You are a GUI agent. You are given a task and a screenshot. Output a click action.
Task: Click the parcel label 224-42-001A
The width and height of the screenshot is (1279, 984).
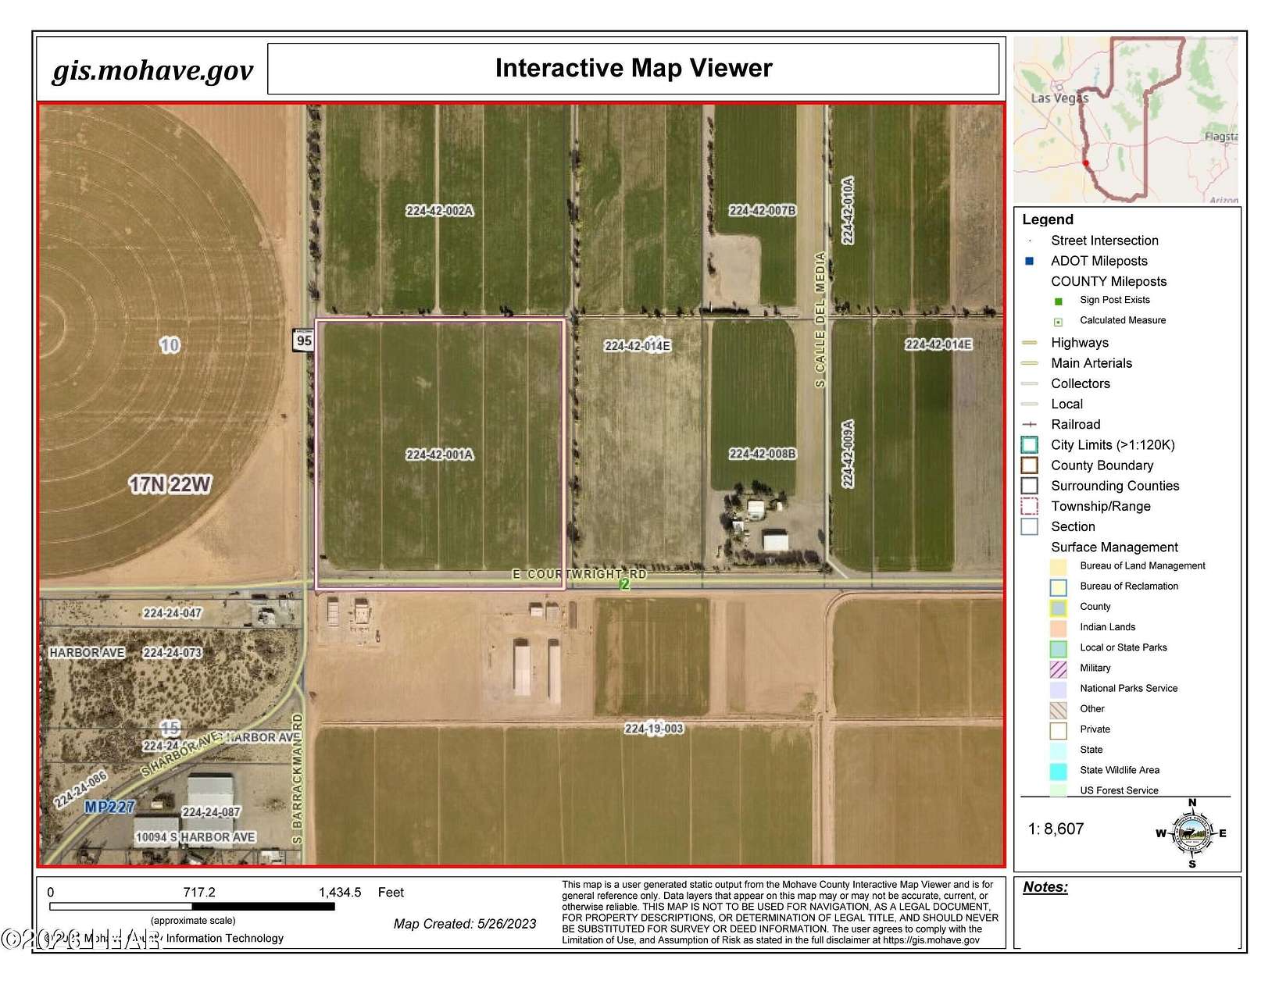(439, 455)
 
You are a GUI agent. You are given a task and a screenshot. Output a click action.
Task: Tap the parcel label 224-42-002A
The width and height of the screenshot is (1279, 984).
(439, 211)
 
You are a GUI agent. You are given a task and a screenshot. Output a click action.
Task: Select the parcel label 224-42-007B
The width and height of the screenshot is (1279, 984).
(762, 210)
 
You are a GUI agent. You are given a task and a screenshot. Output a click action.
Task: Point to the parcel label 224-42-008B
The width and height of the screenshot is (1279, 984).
(762, 454)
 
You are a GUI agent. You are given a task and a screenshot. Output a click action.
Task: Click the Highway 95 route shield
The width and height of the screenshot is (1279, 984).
(304, 340)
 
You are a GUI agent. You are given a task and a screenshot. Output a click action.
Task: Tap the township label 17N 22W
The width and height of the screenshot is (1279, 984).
(170, 485)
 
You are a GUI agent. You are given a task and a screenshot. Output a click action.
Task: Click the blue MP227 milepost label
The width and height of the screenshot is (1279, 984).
(109, 807)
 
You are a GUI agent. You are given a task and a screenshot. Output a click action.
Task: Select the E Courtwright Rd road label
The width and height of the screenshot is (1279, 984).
(579, 574)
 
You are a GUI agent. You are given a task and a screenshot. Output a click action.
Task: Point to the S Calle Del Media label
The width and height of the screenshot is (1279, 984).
(820, 319)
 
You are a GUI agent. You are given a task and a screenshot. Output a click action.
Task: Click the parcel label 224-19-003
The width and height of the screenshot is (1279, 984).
(654, 729)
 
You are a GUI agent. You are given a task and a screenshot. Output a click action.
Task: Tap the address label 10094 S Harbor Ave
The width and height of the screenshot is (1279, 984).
(195, 837)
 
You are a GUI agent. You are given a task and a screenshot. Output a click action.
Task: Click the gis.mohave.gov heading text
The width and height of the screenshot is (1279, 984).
(152, 70)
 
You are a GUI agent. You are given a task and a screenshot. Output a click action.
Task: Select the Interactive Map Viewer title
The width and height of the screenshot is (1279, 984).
(634, 69)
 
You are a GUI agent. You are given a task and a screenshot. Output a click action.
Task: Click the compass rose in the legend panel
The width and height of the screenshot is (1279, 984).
(1191, 833)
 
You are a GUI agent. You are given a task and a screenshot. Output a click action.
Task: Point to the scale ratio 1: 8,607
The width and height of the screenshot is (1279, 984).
(1056, 829)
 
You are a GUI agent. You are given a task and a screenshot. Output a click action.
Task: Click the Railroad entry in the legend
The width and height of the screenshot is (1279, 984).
(1075, 424)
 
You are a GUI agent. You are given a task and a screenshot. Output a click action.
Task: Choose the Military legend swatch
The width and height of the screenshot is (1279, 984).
(1058, 668)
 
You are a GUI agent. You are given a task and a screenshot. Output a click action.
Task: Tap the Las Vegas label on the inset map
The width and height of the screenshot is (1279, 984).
(1059, 98)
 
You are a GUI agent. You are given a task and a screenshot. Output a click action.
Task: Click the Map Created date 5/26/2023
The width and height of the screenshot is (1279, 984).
(465, 924)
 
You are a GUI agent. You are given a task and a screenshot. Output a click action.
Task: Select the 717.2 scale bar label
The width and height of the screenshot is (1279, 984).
(198, 892)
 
